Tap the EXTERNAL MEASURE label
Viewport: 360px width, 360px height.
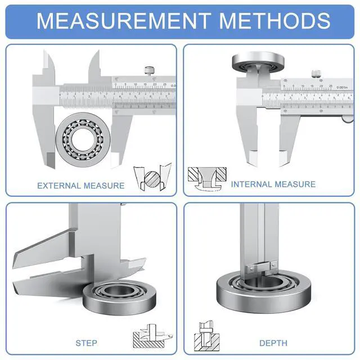coord(80,186)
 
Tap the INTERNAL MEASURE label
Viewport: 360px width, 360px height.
coord(273,184)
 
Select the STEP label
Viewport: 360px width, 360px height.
coord(86,343)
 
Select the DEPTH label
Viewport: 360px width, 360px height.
coord(273,343)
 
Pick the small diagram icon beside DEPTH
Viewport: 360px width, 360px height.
coord(206,335)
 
